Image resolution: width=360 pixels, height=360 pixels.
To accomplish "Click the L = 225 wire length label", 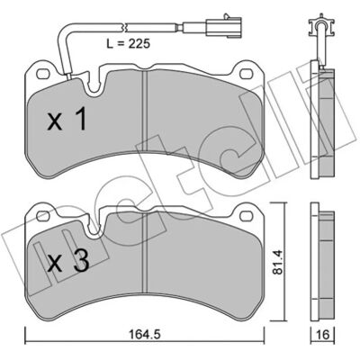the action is coord(128,44).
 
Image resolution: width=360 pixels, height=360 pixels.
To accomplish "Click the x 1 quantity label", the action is coord(67,120).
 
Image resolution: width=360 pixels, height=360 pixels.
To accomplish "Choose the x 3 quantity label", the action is coord(68,261).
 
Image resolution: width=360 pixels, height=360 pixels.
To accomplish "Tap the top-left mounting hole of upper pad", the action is coord(42,73).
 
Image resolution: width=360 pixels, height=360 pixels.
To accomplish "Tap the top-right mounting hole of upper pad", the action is coord(247,73).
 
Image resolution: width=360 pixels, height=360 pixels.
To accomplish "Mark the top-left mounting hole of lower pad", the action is coord(42,215).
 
